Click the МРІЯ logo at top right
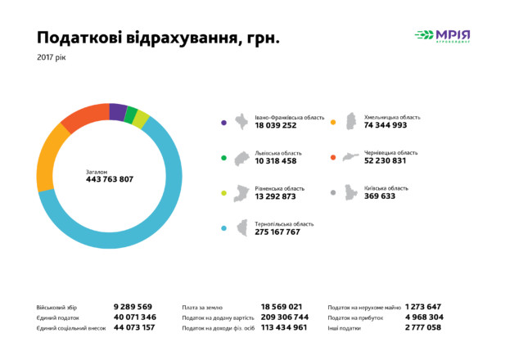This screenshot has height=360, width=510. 442,35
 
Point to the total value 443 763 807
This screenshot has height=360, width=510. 110,179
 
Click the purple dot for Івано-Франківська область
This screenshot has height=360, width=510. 223,122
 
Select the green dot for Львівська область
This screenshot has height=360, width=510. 223,158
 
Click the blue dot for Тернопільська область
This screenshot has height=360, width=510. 223,228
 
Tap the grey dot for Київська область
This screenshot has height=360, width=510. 333,193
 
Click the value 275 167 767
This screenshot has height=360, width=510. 278,232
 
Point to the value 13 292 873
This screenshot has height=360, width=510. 275,197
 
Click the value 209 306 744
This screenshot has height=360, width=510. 284,317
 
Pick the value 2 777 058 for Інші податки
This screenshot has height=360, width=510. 423,327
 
